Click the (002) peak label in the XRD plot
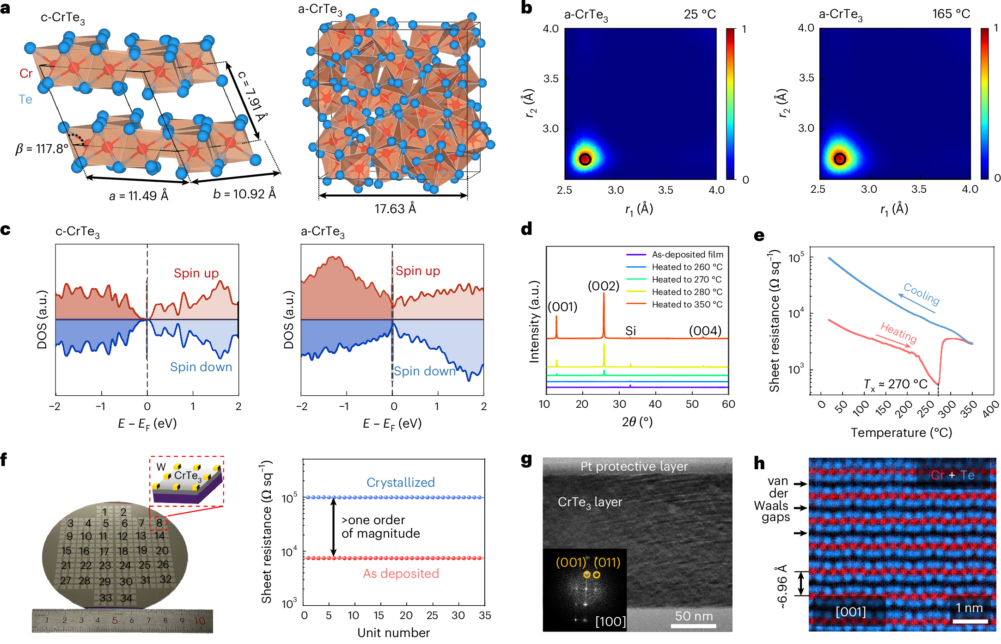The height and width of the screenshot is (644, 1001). click(x=603, y=286)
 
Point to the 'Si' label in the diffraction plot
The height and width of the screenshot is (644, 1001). click(x=631, y=331)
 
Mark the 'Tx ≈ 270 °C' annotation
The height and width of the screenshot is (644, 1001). click(x=896, y=385)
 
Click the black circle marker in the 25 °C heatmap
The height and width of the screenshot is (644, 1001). click(x=585, y=159)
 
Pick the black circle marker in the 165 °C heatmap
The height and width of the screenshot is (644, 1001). click(x=840, y=159)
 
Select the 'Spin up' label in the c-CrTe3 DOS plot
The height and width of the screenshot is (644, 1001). click(x=196, y=273)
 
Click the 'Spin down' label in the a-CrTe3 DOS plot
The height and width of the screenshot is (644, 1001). click(x=425, y=371)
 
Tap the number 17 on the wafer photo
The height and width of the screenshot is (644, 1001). click(x=104, y=552)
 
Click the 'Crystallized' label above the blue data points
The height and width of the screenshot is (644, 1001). click(x=401, y=482)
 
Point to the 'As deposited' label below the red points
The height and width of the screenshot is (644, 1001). click(x=401, y=574)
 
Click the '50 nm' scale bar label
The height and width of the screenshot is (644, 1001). click(x=694, y=616)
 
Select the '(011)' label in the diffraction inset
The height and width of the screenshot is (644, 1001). click(x=607, y=562)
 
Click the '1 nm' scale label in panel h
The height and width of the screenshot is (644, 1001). click(x=969, y=608)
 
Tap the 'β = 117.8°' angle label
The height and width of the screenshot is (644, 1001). click(x=42, y=149)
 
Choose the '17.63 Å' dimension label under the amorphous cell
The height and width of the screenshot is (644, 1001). click(x=395, y=209)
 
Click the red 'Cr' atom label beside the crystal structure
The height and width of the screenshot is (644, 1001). click(x=26, y=74)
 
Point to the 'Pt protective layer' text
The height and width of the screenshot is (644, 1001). click(x=634, y=466)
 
